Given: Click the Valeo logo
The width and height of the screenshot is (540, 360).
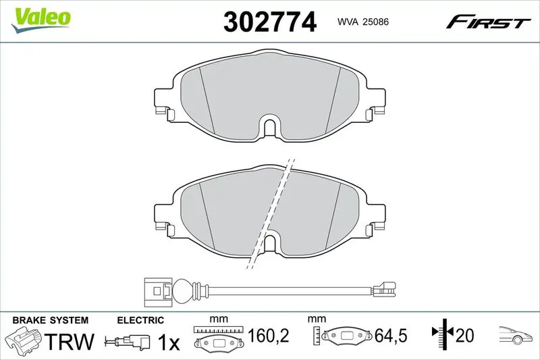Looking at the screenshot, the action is coord(41,20).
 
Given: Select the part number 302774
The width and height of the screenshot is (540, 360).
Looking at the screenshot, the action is coord(269,22).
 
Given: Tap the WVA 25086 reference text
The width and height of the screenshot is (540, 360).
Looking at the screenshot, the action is coord(363,22).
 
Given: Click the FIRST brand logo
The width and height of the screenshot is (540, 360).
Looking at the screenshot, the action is coord(487,22).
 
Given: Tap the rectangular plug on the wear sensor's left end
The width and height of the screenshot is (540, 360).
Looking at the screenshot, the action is coord(157,291).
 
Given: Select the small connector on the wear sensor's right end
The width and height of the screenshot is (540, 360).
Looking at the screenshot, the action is coord(384,288).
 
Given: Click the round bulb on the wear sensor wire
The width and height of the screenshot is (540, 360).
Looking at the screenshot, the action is coord(182,290).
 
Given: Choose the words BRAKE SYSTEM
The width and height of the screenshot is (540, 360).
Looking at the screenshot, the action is coord(50,320).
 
